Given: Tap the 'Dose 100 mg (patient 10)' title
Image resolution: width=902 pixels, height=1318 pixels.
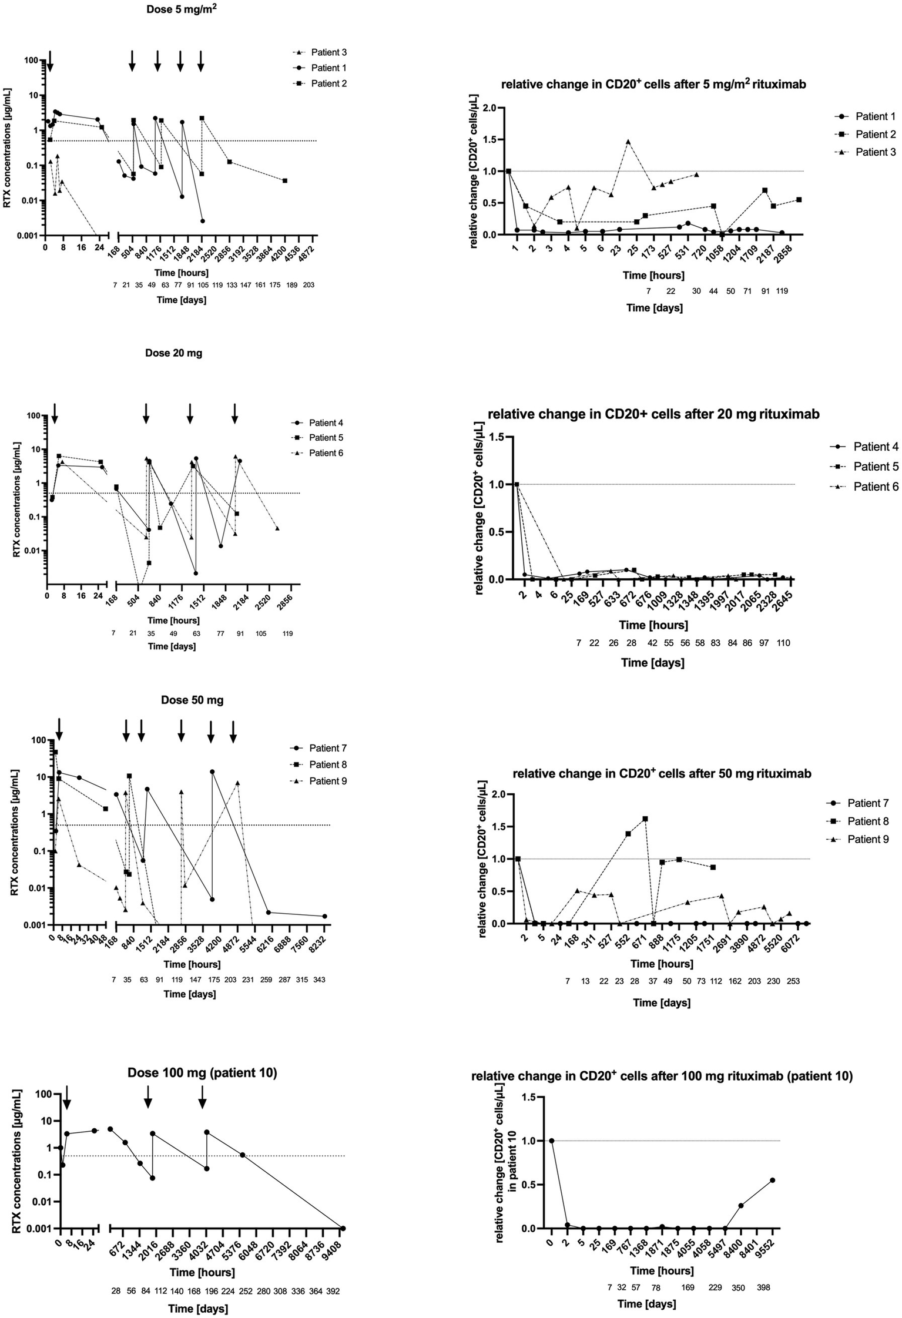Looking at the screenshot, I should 202,1073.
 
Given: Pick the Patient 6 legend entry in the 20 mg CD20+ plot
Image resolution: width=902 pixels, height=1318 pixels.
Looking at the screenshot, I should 876,487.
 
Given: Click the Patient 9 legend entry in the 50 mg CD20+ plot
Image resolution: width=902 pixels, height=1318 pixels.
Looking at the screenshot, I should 868,840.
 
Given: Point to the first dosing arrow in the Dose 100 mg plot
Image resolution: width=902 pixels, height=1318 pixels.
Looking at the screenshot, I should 66,1097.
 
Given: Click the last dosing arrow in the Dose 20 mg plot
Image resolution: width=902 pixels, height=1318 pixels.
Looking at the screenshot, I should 234,413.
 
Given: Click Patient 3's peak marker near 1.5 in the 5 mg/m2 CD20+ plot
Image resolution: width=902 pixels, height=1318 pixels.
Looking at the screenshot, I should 628,142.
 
